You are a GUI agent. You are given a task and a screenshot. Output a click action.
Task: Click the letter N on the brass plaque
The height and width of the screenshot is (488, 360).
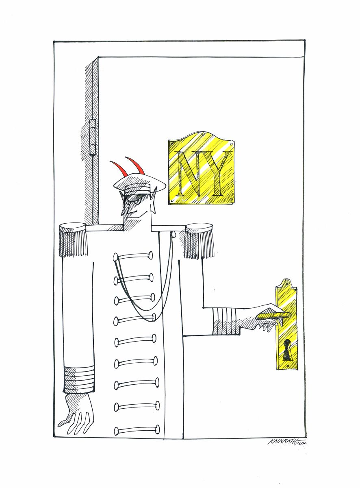190,174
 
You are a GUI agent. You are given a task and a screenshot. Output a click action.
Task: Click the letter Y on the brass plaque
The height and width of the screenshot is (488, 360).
217,174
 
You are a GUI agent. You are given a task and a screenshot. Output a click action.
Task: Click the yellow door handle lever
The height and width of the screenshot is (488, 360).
274,316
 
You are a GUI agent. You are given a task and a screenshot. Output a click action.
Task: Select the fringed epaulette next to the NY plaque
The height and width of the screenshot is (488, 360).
199,240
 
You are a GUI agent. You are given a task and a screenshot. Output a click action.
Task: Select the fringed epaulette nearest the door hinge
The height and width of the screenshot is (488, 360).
73,240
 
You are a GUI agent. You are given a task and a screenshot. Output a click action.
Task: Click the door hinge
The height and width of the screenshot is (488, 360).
92,137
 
